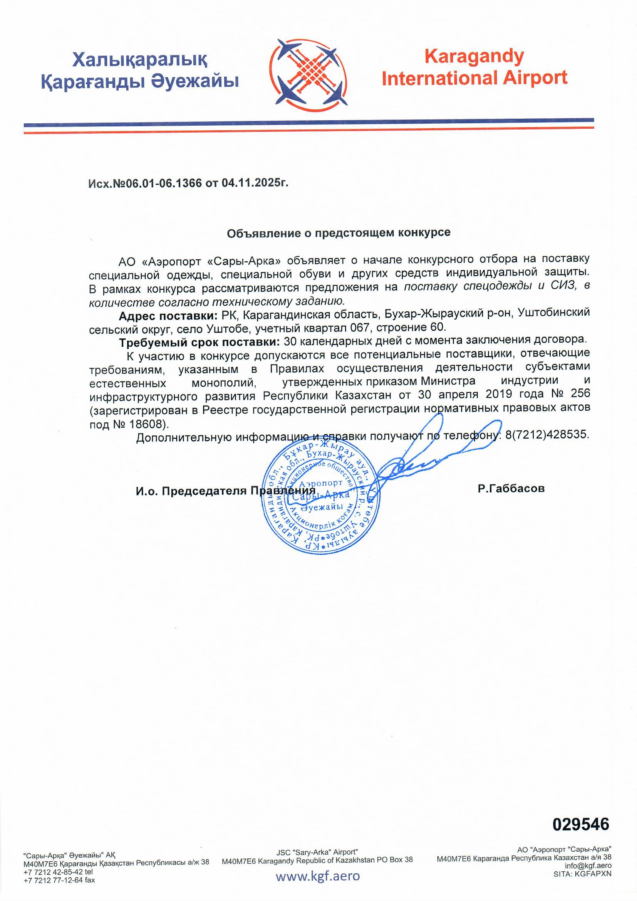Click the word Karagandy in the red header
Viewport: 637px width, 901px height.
(x=474, y=57)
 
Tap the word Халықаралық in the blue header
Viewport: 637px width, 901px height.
(x=140, y=60)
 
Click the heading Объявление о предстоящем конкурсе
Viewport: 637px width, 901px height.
(x=339, y=233)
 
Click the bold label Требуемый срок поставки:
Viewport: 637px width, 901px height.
(x=199, y=342)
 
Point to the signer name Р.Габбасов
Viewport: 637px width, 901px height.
(x=511, y=489)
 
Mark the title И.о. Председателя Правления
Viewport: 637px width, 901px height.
(x=226, y=491)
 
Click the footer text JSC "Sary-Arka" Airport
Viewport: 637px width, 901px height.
(x=317, y=852)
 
